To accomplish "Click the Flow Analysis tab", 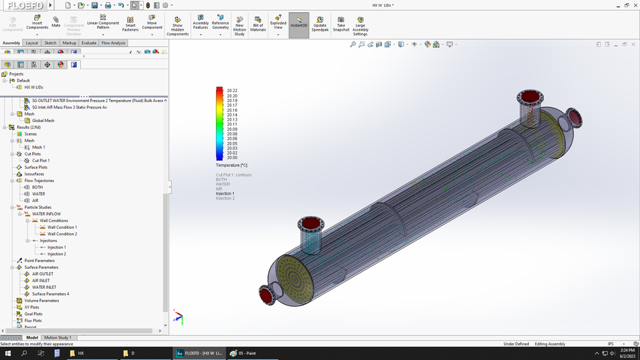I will tap(113, 43).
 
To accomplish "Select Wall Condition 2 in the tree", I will tap(62, 234).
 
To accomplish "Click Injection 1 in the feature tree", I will tap(56, 247).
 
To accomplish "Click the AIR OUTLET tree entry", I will tap(43, 274).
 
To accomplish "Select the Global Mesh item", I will tap(43, 121).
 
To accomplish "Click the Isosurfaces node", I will tap(34, 174).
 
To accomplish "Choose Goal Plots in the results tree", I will tap(33, 314).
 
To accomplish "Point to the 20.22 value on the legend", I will tap(232, 91).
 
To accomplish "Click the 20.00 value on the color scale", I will tap(232, 158).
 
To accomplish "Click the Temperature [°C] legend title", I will tap(231, 165).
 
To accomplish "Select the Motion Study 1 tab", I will tap(57, 338).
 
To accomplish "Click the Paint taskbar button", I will tap(245, 353).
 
